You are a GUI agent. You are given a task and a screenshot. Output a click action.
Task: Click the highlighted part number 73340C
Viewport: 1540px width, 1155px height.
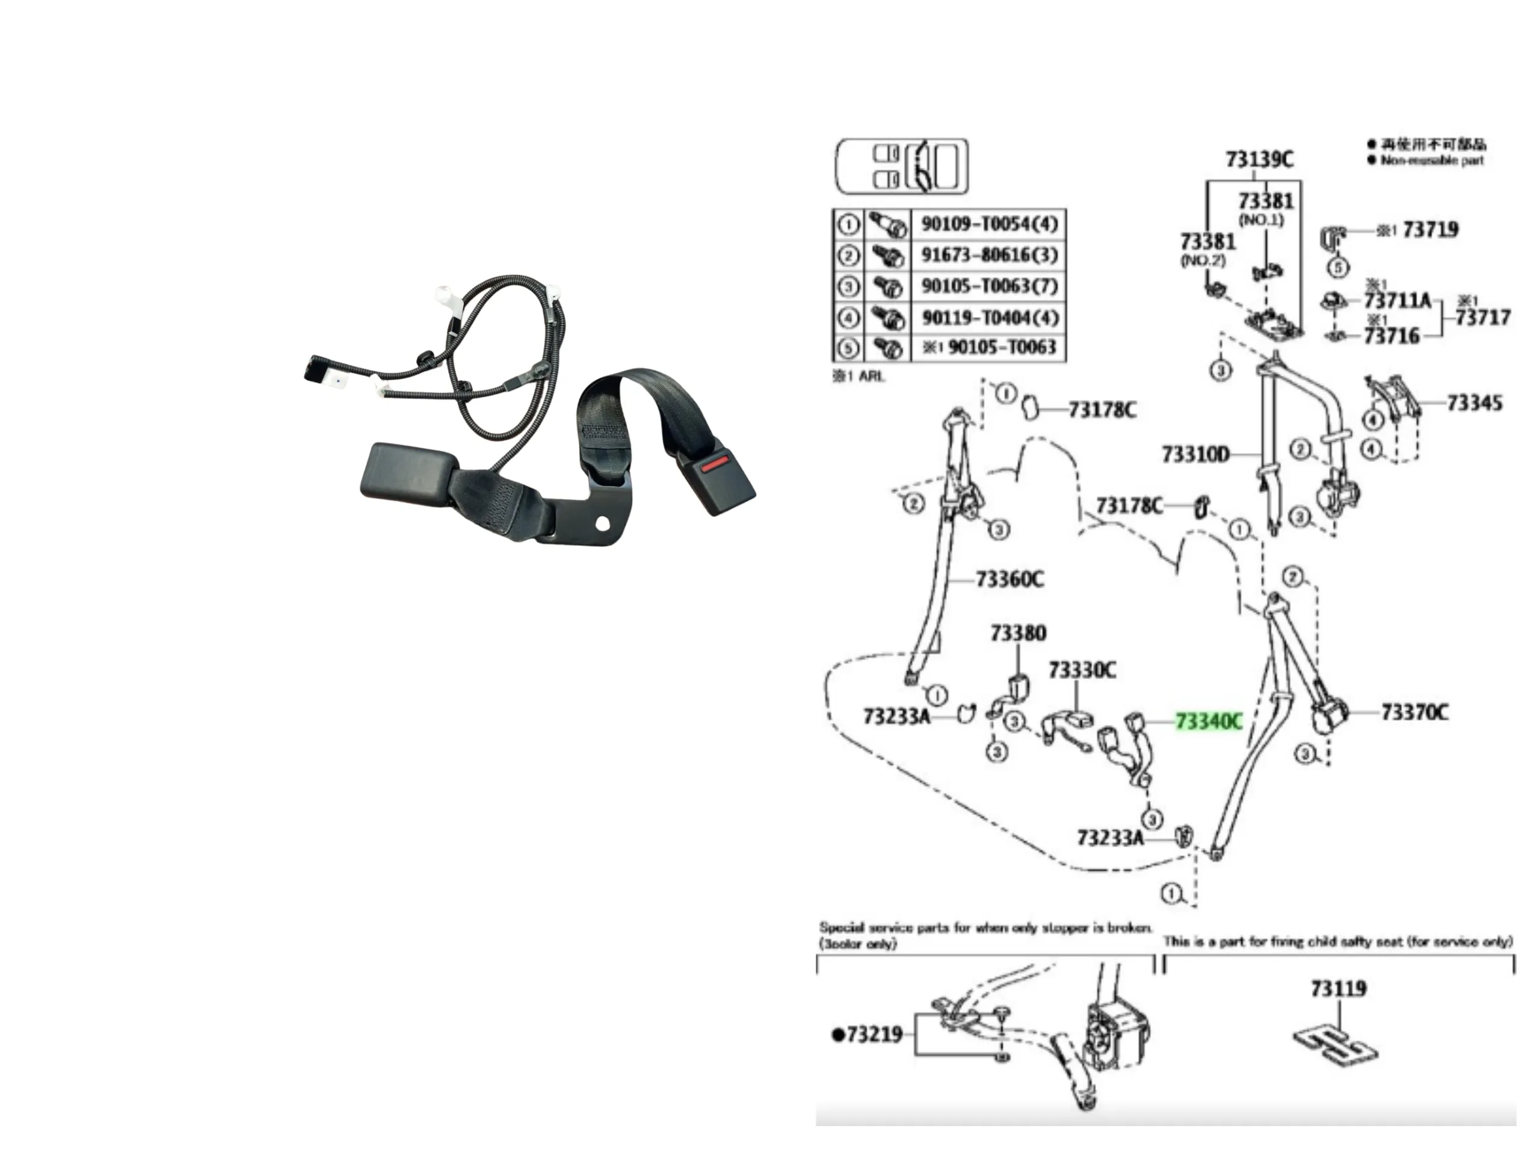[1208, 722]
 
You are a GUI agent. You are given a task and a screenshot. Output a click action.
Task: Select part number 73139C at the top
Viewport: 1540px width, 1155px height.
[1258, 160]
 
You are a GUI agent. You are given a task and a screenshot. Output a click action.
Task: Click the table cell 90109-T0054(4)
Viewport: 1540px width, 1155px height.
[988, 224]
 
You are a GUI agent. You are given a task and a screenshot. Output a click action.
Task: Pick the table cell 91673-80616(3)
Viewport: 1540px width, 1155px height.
[988, 255]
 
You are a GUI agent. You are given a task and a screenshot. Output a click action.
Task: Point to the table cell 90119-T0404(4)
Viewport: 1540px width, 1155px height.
[988, 318]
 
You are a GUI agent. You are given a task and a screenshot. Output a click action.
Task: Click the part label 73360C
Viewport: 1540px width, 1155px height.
[1009, 579]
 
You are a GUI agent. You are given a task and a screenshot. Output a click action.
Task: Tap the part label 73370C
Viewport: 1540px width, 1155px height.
[1414, 712]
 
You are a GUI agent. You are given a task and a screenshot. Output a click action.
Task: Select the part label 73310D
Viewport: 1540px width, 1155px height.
[1195, 455]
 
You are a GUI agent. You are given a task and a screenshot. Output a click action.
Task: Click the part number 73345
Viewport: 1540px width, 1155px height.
[1474, 403]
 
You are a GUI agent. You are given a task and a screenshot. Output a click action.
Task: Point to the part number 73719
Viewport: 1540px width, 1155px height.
[1430, 230]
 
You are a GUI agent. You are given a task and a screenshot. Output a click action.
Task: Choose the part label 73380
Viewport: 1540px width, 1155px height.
[1018, 633]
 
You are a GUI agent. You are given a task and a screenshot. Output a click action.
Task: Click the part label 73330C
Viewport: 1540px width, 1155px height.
[1082, 671]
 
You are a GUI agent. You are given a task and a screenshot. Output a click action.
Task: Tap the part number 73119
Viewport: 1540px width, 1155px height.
[1338, 988]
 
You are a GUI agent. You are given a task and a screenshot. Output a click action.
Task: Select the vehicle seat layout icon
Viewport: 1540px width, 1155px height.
[901, 167]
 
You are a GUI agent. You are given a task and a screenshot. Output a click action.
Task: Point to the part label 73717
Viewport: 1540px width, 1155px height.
[1482, 318]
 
